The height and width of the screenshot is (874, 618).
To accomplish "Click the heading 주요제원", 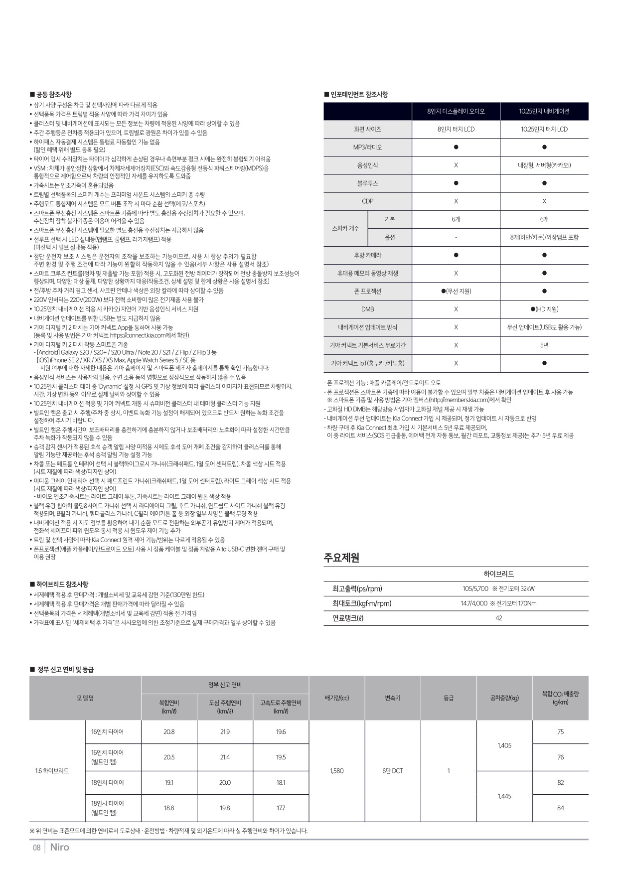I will pyautogui.click(x=342, y=558).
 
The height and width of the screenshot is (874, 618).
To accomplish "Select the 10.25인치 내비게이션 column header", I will pyautogui.click(x=544, y=111).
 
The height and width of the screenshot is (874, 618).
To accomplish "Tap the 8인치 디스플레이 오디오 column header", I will pyautogui.click(x=456, y=111).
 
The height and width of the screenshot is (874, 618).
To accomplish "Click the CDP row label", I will pyautogui.click(x=367, y=201).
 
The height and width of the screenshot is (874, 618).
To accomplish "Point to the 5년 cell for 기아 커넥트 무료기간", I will pyautogui.click(x=544, y=345).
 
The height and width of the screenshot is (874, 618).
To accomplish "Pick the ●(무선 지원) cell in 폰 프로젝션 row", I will pyautogui.click(x=456, y=291).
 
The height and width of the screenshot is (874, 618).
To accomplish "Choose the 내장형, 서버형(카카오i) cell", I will pyautogui.click(x=544, y=165).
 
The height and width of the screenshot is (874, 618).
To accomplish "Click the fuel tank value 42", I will pyautogui.click(x=499, y=618).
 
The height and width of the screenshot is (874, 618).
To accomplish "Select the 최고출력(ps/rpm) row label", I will pyautogui.click(x=357, y=588).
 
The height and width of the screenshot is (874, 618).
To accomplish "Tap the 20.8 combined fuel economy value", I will pyautogui.click(x=169, y=732).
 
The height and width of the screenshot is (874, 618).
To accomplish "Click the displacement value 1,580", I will pyautogui.click(x=337, y=771).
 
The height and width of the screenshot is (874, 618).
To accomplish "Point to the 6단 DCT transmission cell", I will pyautogui.click(x=393, y=771).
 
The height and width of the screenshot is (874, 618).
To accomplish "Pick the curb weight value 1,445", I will pyautogui.click(x=504, y=796).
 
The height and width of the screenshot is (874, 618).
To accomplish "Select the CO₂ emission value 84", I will pyautogui.click(x=560, y=808).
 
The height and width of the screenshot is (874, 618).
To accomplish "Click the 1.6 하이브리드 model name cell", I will pyautogui.click(x=52, y=771).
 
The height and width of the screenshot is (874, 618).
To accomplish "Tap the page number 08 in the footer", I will pyautogui.click(x=36, y=848).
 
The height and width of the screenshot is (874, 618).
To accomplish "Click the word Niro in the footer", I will pyautogui.click(x=60, y=848).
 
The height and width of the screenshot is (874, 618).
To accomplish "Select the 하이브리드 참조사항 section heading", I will pyautogui.click(x=62, y=584).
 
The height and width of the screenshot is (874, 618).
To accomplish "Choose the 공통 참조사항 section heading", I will pyautogui.click(x=53, y=94).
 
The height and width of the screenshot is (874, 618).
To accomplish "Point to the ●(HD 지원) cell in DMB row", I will pyautogui.click(x=544, y=309).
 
